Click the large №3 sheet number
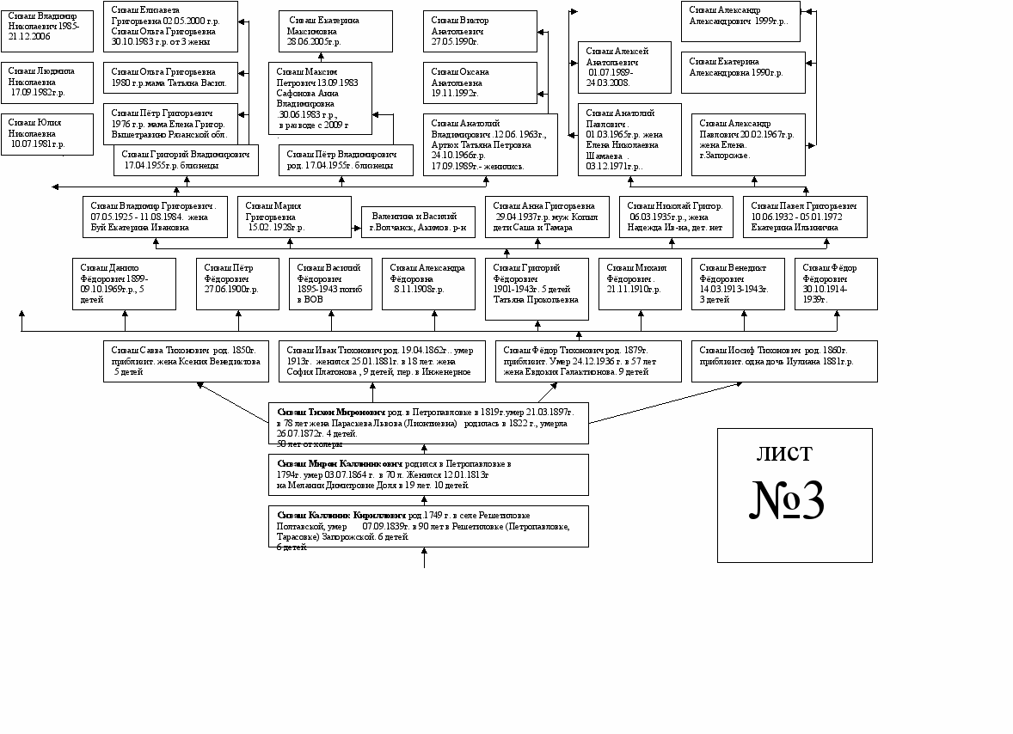789,499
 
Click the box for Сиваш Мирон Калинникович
428,474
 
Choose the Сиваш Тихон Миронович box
428,424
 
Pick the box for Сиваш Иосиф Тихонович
784,361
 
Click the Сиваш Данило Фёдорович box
124,284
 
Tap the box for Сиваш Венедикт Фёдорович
742,284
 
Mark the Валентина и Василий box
418,222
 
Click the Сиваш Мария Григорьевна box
294,217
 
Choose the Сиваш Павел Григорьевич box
805,217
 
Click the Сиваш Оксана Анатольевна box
480,83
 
